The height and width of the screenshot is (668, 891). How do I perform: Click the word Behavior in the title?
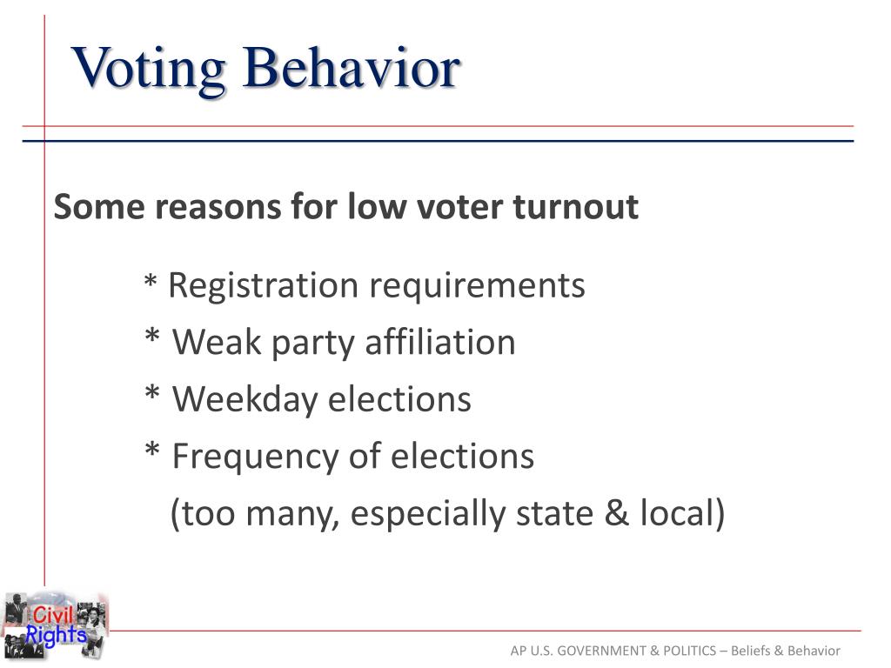(x=351, y=68)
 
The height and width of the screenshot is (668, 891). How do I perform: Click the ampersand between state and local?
(x=616, y=514)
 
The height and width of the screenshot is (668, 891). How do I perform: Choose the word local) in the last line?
(x=682, y=514)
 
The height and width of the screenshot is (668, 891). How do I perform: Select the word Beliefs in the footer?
(x=754, y=651)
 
